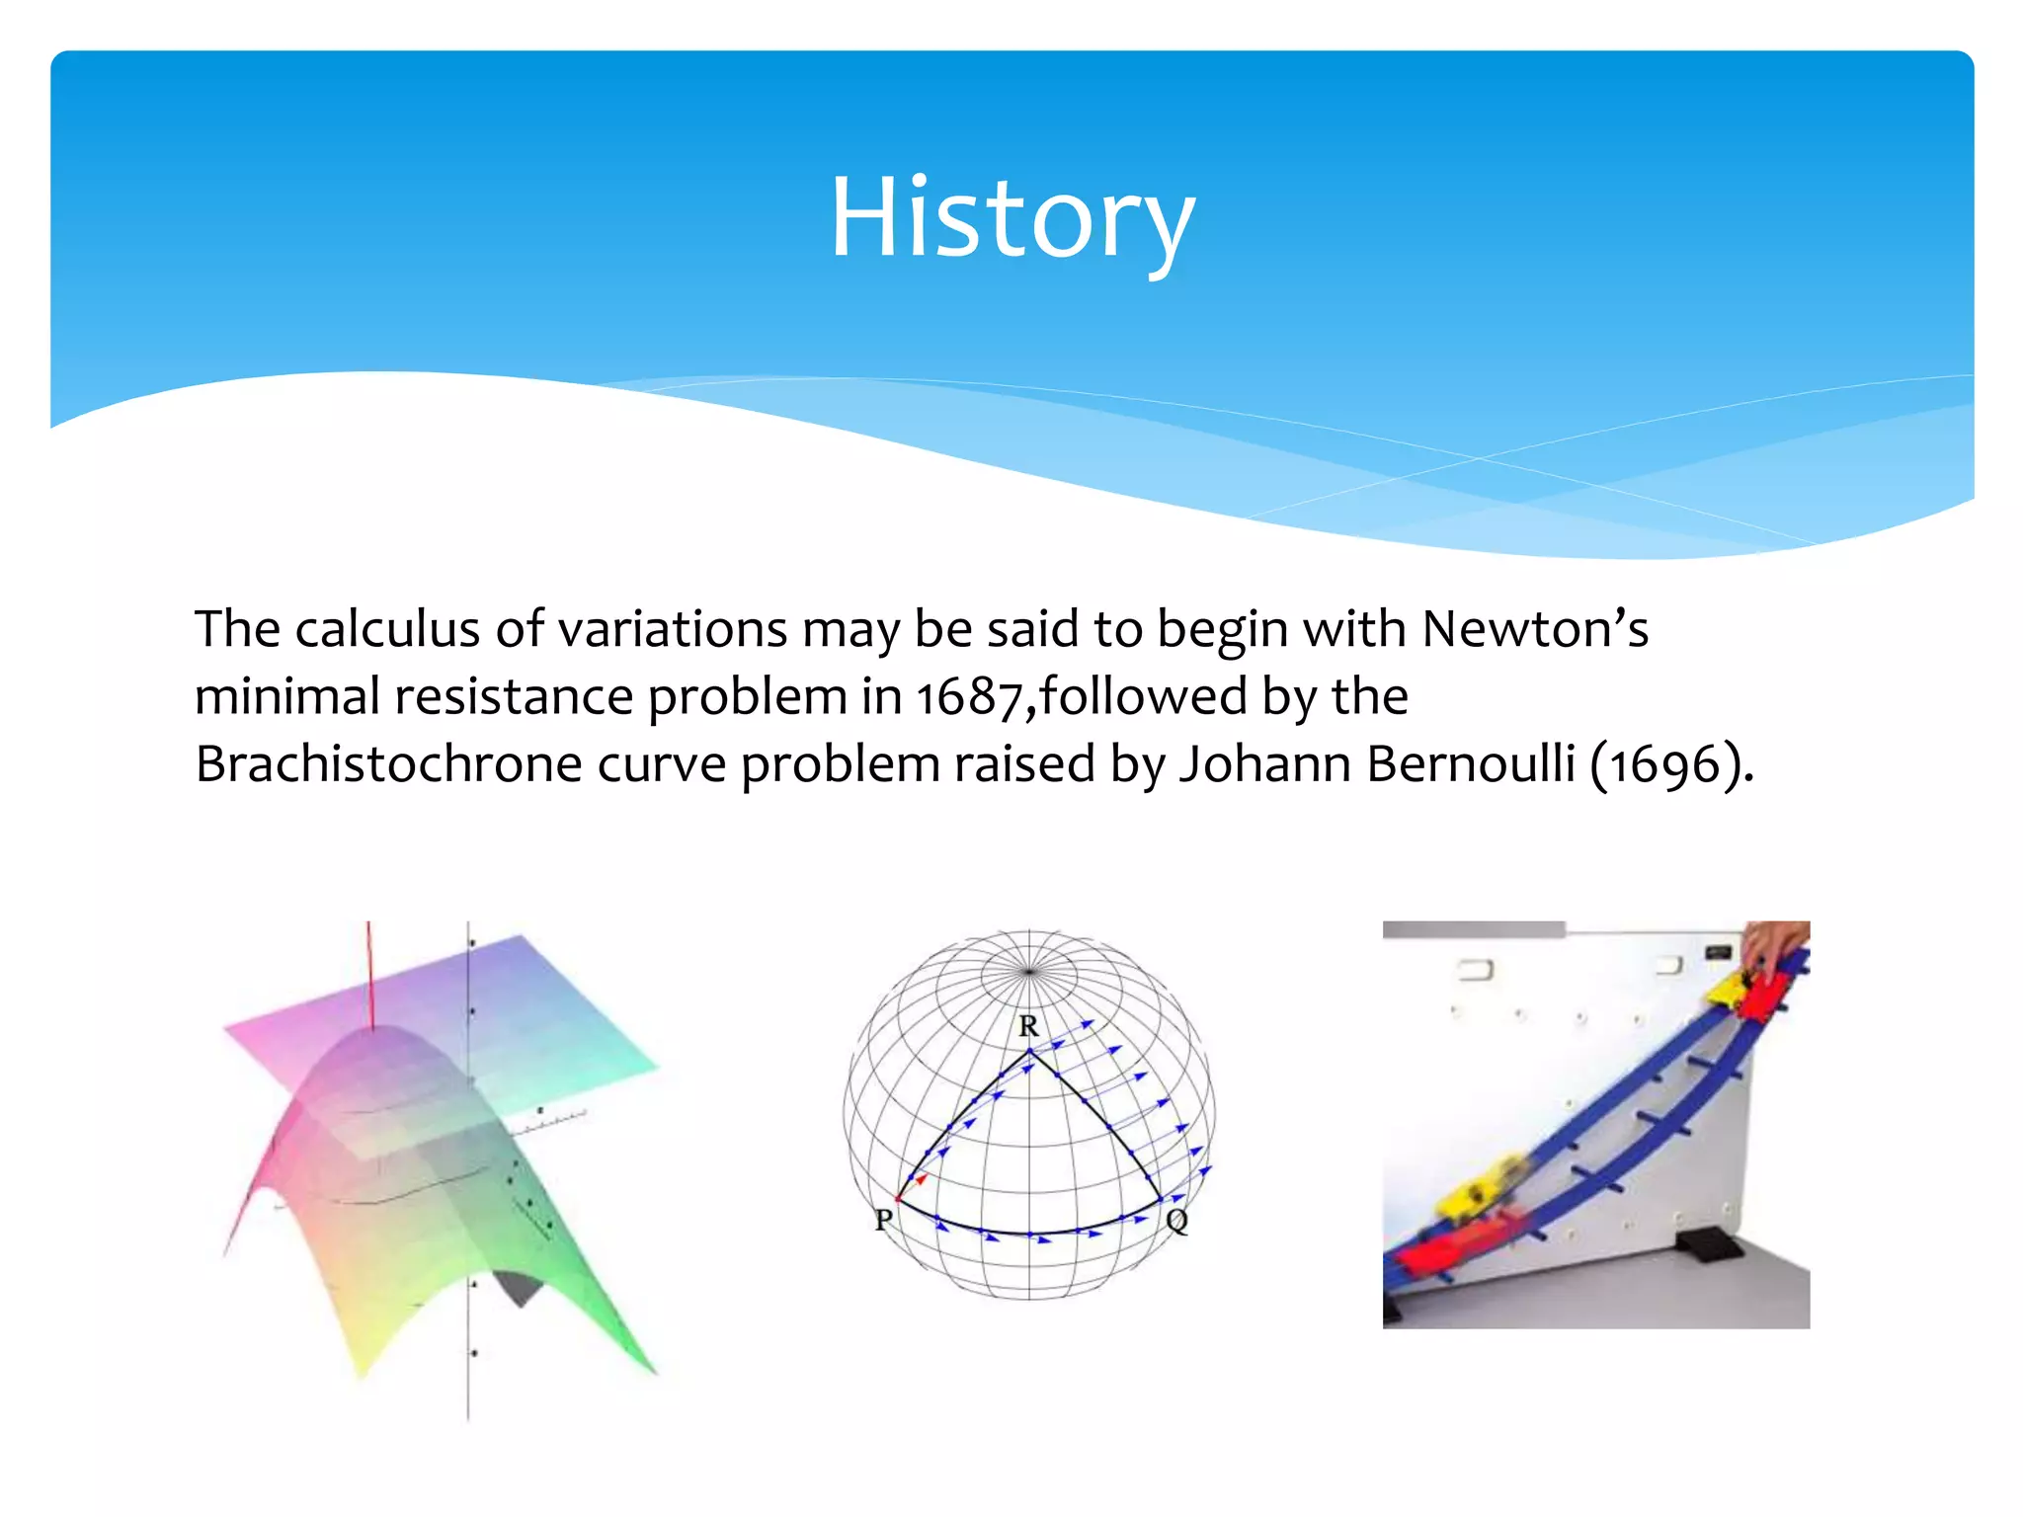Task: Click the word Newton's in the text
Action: pyautogui.click(x=1534, y=630)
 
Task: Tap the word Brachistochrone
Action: pyautogui.click(x=388, y=765)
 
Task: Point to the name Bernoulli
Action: pyautogui.click(x=1470, y=765)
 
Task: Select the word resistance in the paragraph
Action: pyautogui.click(x=514, y=698)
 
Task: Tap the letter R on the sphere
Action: pyautogui.click(x=1028, y=1027)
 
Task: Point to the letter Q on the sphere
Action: pyautogui.click(x=1176, y=1222)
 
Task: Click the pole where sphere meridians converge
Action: pyautogui.click(x=1029, y=972)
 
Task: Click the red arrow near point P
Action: pyautogui.click(x=917, y=1181)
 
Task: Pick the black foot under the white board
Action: pyautogui.click(x=1707, y=1246)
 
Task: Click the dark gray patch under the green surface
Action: pyautogui.click(x=521, y=1288)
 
